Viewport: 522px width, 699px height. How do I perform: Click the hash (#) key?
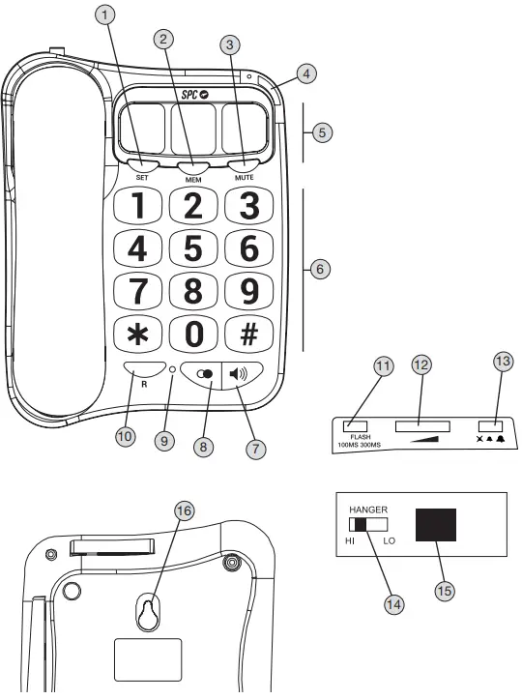tap(248, 334)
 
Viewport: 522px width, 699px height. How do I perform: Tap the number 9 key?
tap(248, 291)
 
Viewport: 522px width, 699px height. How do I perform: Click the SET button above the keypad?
tap(141, 164)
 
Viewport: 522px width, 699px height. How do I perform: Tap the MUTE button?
tap(243, 164)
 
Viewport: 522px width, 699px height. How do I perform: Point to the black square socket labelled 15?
tap(436, 525)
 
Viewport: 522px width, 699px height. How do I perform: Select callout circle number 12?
tap(420, 365)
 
